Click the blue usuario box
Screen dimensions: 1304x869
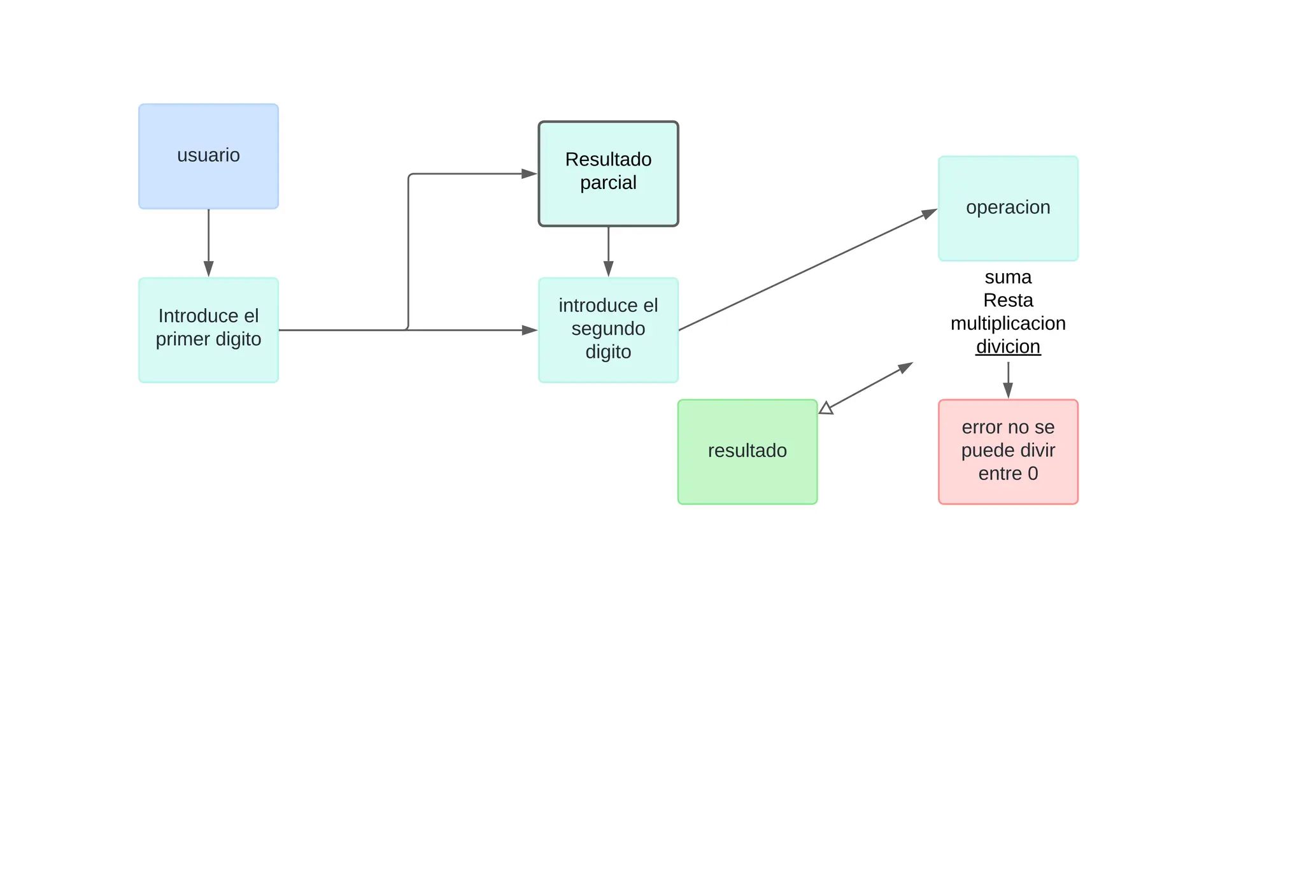pyautogui.click(x=209, y=157)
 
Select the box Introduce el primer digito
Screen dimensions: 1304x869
pyautogui.click(x=209, y=330)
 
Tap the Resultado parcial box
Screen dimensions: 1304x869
pyautogui.click(x=608, y=174)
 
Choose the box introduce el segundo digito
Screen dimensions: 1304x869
pyautogui.click(x=608, y=330)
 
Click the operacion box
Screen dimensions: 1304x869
pyautogui.click(x=1008, y=208)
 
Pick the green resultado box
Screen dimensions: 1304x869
pyautogui.click(x=748, y=452)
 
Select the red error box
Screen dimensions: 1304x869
pyautogui.click(x=1008, y=452)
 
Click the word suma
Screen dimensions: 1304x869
pyautogui.click(x=1008, y=277)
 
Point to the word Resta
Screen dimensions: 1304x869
pyautogui.click(x=1008, y=300)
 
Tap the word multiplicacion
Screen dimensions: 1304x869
pyautogui.click(x=1008, y=323)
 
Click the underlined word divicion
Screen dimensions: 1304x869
pyautogui.click(x=1008, y=346)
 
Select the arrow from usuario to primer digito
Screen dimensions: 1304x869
pyautogui.click(x=209, y=243)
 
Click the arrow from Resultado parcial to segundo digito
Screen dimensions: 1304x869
pyautogui.click(x=608, y=252)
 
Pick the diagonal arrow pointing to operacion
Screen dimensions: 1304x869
pyautogui.click(x=808, y=269)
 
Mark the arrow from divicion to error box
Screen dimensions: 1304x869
pyautogui.click(x=1008, y=381)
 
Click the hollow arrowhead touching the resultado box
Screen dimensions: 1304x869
pyautogui.click(x=826, y=408)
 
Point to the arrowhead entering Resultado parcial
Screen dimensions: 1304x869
pyautogui.click(x=530, y=174)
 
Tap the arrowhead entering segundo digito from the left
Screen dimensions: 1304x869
pyautogui.click(x=530, y=330)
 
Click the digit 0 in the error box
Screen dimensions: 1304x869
pyautogui.click(x=1033, y=474)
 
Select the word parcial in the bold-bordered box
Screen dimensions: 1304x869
pyautogui.click(x=608, y=183)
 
